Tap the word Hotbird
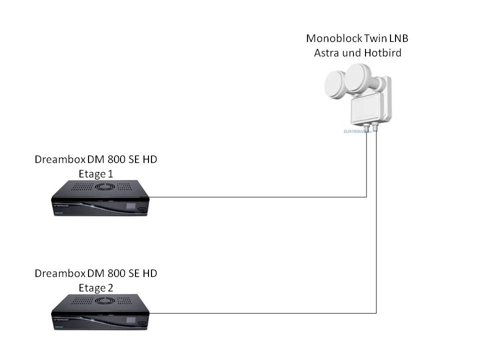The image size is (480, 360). coord(381,52)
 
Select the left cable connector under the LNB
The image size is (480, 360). coord(366,129)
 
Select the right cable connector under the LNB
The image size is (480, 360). coord(376,129)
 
